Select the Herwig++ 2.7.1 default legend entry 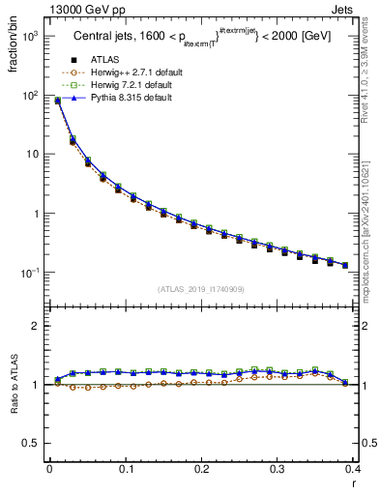[x=134, y=73]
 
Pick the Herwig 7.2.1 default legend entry [x=132, y=86]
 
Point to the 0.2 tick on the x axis [x=200, y=469]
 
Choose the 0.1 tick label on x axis [x=125, y=469]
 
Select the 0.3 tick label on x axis [x=277, y=469]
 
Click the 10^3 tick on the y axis [x=29, y=36]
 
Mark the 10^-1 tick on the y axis [x=29, y=273]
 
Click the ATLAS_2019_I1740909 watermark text [x=201, y=289]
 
